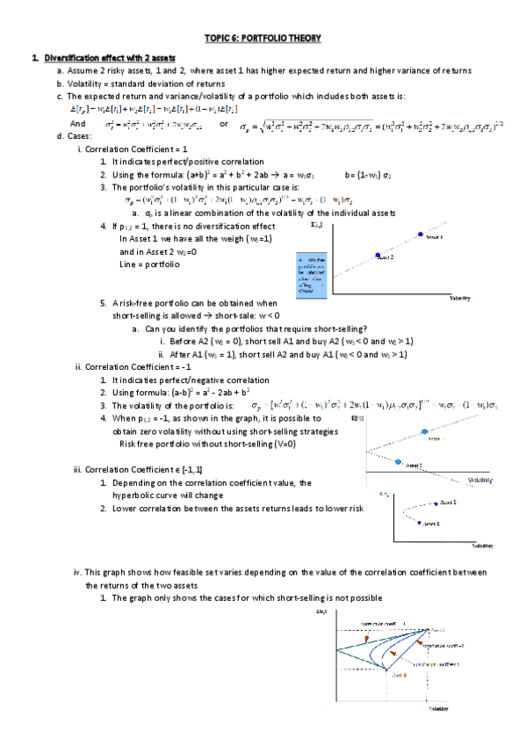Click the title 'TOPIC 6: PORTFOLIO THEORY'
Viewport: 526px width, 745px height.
[263, 38]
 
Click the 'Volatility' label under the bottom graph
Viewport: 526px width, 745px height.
[440, 709]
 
